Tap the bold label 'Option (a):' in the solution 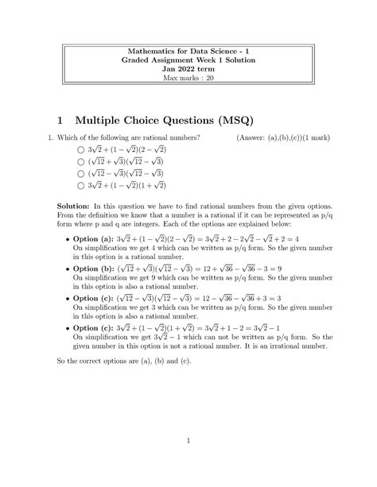click(x=95, y=238)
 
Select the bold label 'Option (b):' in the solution click(x=95, y=269)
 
